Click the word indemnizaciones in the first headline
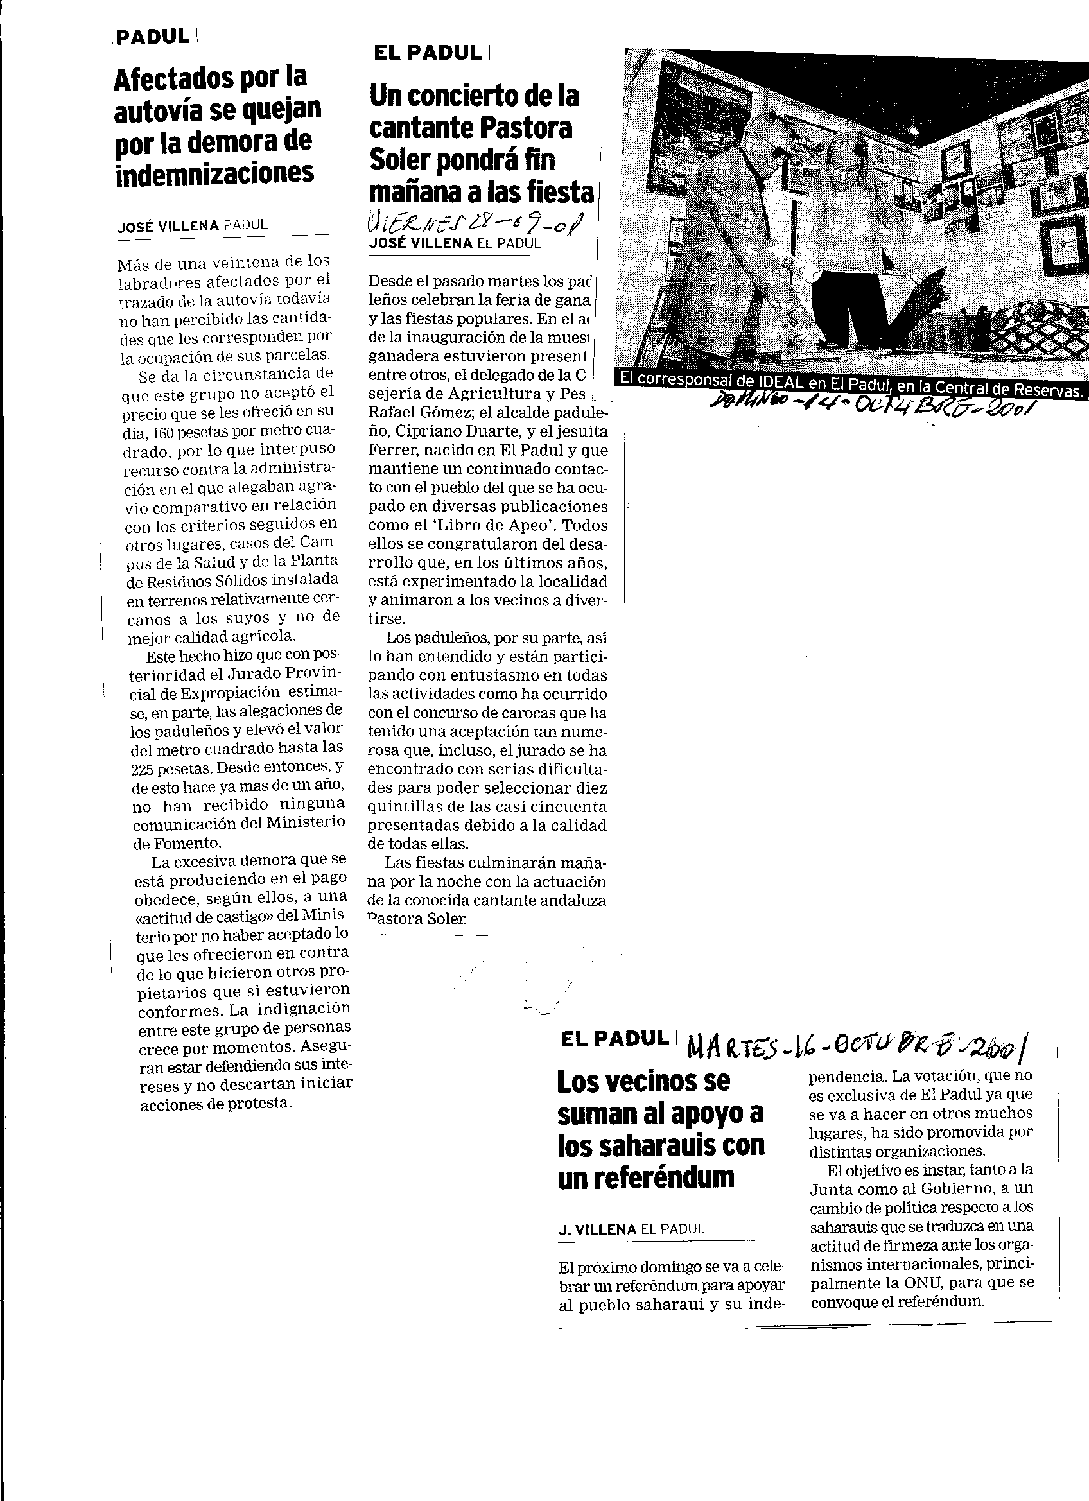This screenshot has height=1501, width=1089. tap(214, 174)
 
